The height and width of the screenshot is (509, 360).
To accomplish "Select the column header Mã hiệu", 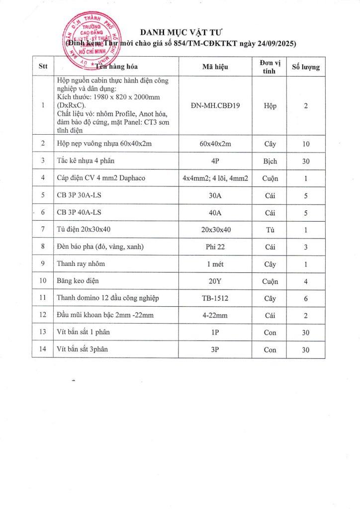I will (215, 66).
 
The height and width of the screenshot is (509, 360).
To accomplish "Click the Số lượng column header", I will (306, 66).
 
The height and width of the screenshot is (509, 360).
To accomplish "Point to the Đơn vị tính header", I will (270, 66).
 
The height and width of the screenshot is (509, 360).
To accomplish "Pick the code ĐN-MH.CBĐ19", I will (215, 105).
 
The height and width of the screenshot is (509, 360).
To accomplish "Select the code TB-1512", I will (215, 298).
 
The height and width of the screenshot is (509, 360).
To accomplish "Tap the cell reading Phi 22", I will (215, 247).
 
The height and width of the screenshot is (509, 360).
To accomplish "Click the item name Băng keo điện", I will (78, 281).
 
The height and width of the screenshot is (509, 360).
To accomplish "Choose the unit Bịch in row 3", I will (270, 161).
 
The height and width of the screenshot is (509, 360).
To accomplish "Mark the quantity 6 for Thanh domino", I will (306, 298).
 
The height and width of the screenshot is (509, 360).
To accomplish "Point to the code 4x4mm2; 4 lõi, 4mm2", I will (215, 178).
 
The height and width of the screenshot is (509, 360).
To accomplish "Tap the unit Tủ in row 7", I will (270, 230).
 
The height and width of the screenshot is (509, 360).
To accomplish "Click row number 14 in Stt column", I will (43, 349).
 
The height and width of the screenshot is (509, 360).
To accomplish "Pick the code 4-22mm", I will (215, 315).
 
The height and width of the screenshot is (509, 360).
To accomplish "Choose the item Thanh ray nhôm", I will (81, 264).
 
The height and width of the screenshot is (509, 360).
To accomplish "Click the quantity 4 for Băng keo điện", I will (306, 281).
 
